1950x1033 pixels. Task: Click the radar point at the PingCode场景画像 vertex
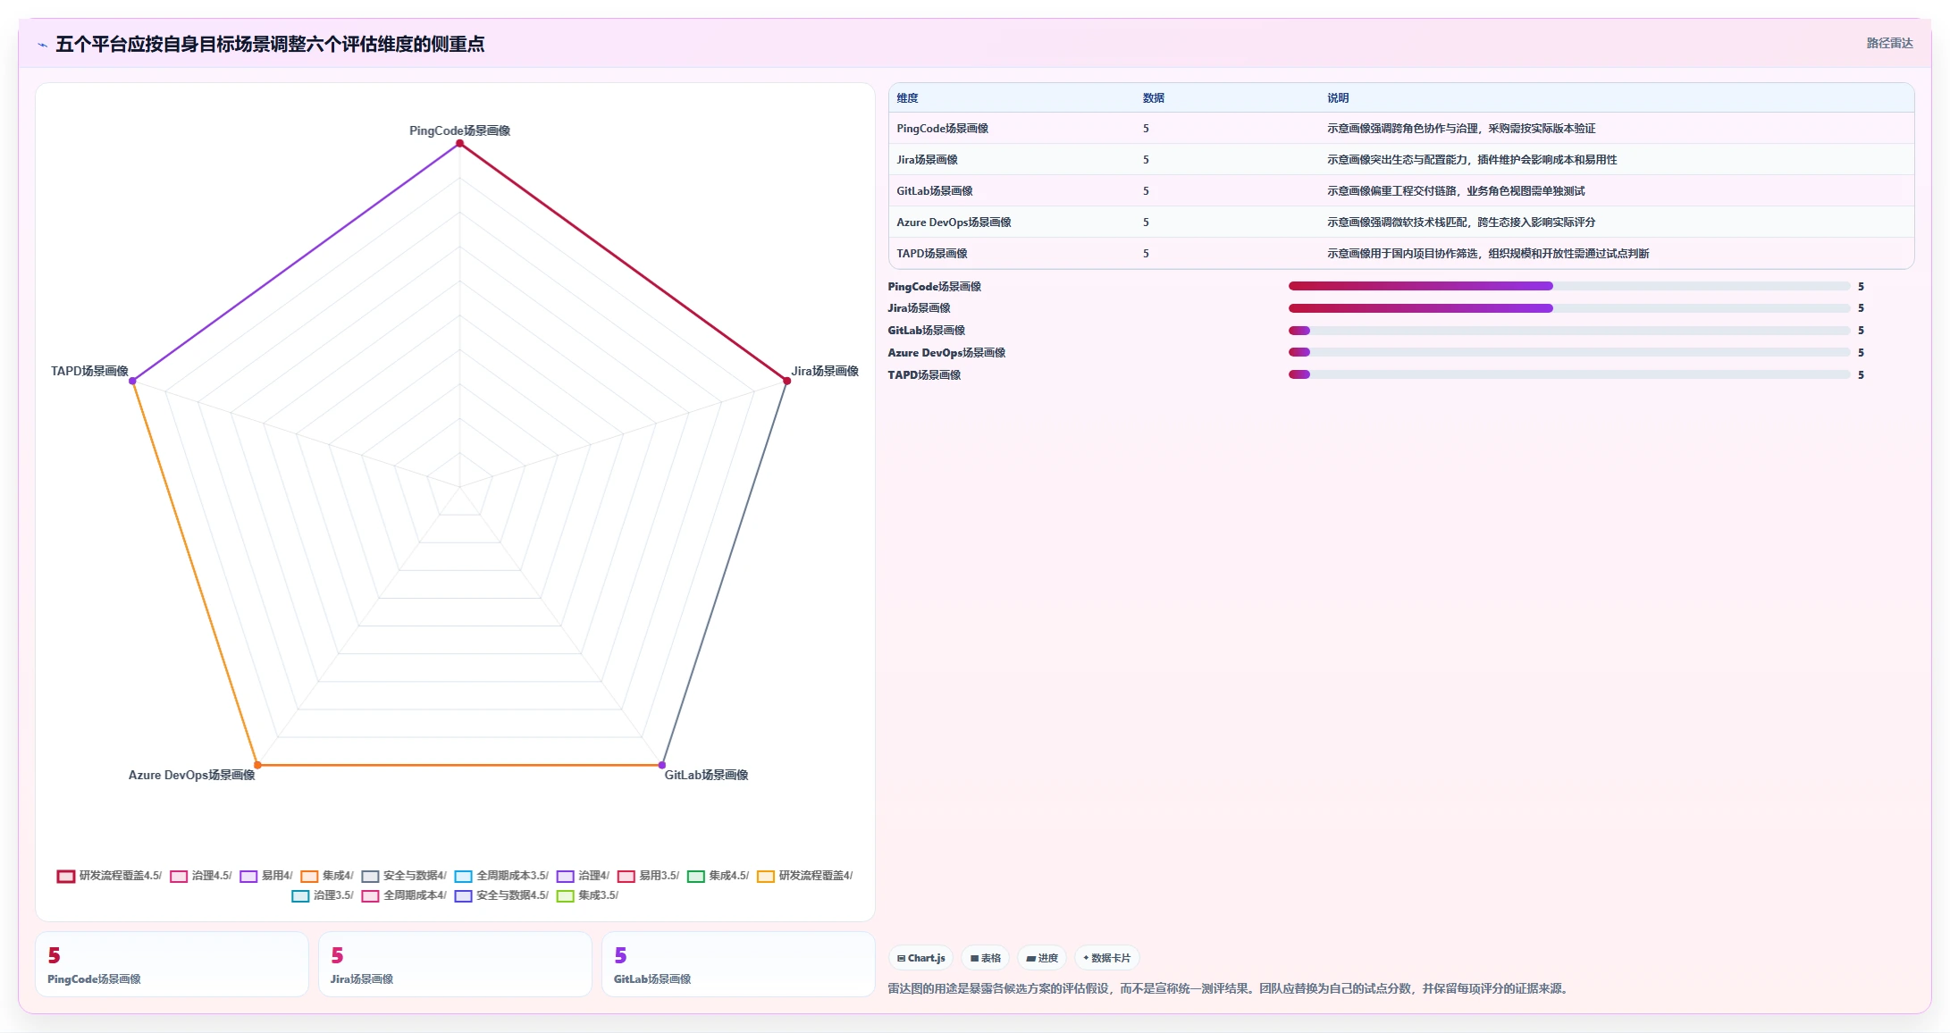click(x=459, y=143)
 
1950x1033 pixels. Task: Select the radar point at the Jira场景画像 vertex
click(x=786, y=381)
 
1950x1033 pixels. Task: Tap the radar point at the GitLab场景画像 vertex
click(x=662, y=765)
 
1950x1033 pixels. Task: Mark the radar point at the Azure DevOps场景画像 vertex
click(x=257, y=765)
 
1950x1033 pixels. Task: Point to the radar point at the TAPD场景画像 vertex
click(x=132, y=381)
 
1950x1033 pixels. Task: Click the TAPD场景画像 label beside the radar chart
click(x=89, y=371)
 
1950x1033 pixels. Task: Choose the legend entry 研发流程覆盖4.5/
click(x=109, y=876)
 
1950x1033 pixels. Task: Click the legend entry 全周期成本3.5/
click(x=501, y=876)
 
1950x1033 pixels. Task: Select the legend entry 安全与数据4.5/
click(x=501, y=895)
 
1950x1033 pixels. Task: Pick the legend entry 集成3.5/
click(x=587, y=895)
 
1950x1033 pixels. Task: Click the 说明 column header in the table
click(x=1338, y=98)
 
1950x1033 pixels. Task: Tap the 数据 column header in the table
click(x=1154, y=98)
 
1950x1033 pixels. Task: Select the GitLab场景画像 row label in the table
click(x=935, y=191)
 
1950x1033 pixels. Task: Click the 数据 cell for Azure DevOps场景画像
click(x=1146, y=223)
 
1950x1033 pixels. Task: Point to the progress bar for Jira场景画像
click(x=1569, y=308)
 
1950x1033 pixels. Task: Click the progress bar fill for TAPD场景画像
click(x=1299, y=374)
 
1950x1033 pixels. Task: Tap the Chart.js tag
click(x=921, y=958)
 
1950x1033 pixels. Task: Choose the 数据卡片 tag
click(x=1106, y=958)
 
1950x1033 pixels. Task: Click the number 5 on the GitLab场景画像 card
click(x=620, y=955)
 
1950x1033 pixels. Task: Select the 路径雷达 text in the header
click(x=1889, y=43)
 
